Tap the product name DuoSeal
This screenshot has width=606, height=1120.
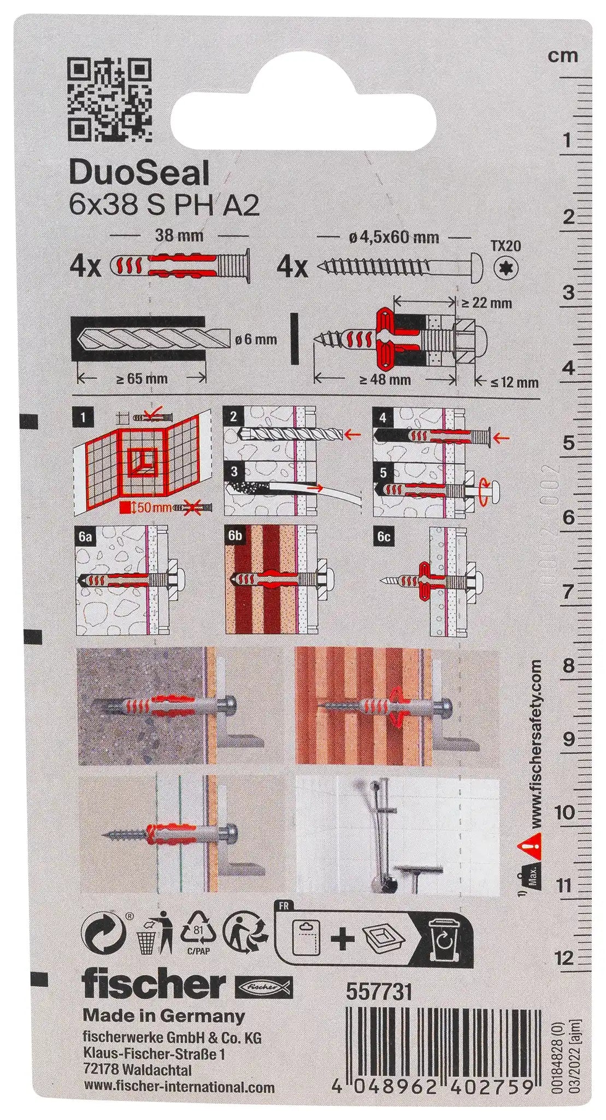pyautogui.click(x=139, y=174)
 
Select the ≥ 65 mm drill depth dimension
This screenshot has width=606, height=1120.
pyautogui.click(x=142, y=378)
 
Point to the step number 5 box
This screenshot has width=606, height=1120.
pyautogui.click(x=383, y=472)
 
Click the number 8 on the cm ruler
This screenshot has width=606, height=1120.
pyautogui.click(x=568, y=666)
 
